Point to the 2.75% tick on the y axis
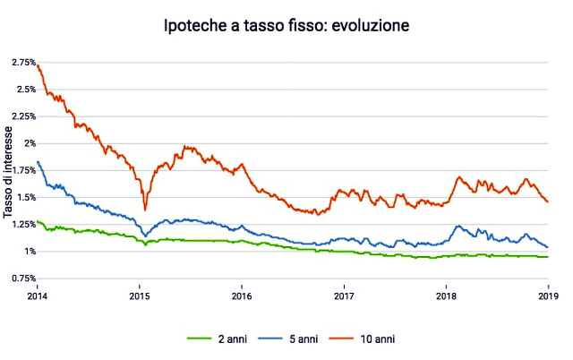[x=23, y=62]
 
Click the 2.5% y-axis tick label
[x=25, y=89]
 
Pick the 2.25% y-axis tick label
[x=23, y=116]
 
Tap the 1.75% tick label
[x=23, y=170]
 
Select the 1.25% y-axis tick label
[x=23, y=224]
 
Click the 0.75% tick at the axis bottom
[x=23, y=279]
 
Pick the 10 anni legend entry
[x=376, y=339]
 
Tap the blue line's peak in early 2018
[x=458, y=226]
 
